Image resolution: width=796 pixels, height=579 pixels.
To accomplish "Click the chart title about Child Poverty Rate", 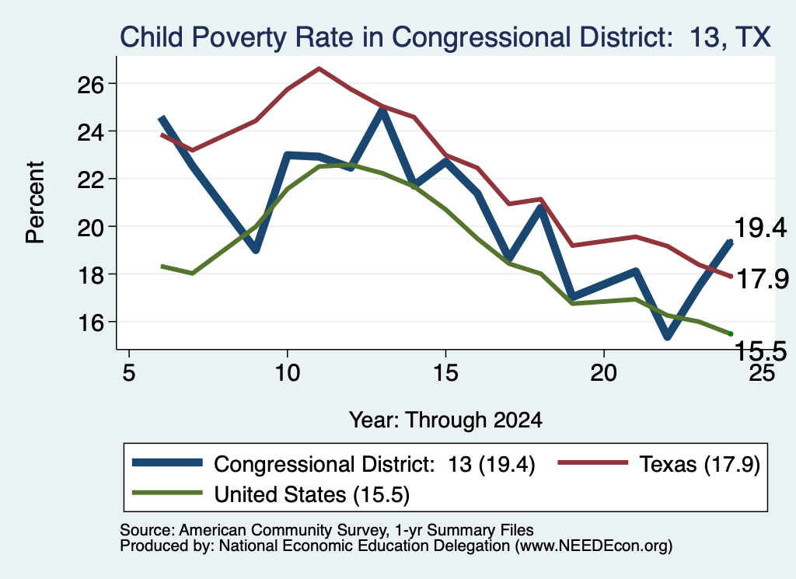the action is (x=445, y=37).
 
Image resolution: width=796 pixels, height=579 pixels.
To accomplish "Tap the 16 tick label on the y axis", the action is (x=90, y=323).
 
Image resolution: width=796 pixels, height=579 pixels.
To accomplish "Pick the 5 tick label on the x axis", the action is (x=129, y=373).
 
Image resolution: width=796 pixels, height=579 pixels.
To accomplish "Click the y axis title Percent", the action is (x=35, y=203).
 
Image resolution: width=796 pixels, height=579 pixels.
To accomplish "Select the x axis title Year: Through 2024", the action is (x=445, y=420).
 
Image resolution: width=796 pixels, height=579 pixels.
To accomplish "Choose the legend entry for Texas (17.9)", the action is (x=659, y=464).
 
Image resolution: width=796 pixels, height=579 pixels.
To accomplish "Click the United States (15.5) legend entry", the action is (x=271, y=494).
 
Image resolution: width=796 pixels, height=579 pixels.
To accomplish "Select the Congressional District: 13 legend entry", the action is (x=333, y=464).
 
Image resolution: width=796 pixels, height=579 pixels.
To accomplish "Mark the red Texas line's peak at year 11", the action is (x=319, y=68).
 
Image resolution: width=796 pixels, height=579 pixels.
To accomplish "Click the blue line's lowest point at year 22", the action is (x=668, y=337).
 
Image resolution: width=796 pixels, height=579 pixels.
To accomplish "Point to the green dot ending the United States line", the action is (x=731, y=333).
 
